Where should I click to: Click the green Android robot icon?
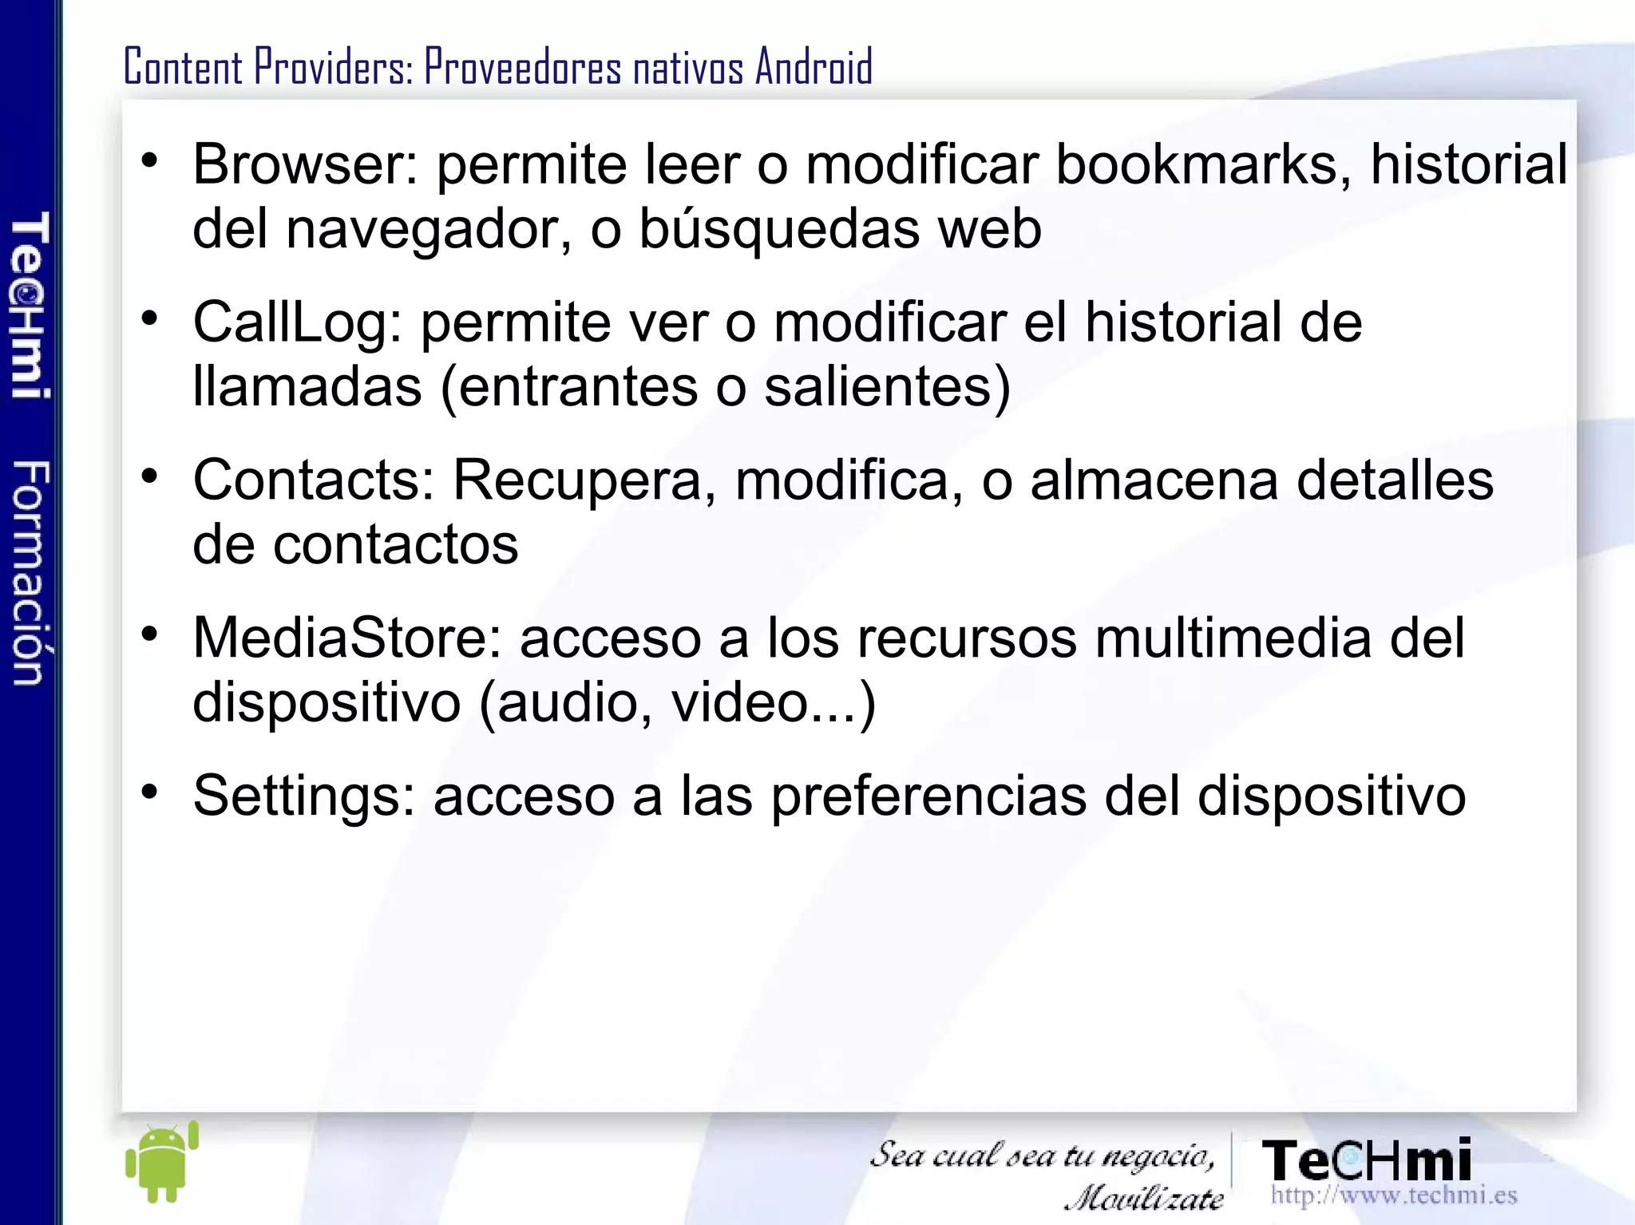162,1163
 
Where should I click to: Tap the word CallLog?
297,323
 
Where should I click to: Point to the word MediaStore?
346,638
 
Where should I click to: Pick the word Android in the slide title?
814,66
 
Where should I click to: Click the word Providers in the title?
333,66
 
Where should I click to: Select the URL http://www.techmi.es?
1393,1195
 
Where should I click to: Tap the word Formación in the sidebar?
30,572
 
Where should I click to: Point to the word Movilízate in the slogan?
1145,1197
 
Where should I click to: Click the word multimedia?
1233,638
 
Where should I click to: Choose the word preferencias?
928,796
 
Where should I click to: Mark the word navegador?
430,229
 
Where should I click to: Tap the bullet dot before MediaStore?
149,634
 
